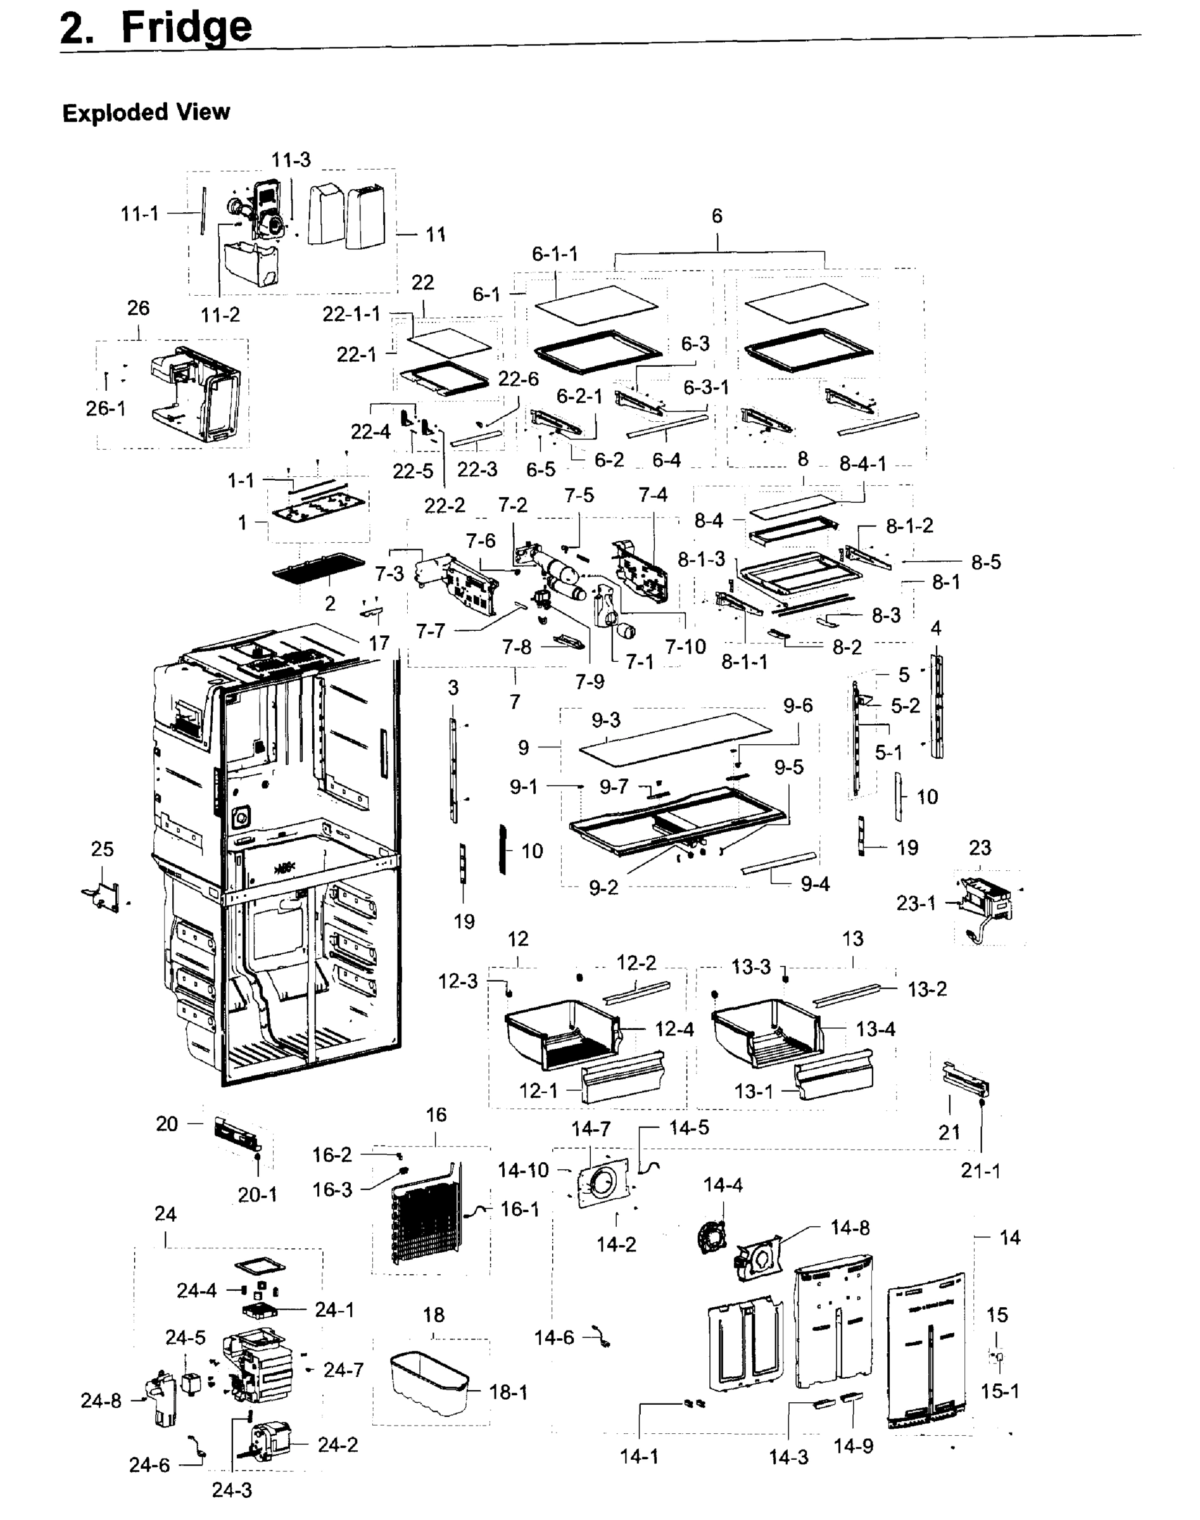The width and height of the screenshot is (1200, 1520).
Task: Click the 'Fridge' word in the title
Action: (186, 28)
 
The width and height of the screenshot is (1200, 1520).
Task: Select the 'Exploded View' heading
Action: (146, 113)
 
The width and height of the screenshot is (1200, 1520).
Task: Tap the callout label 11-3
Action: (291, 160)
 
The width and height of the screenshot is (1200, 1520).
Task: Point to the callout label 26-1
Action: (105, 408)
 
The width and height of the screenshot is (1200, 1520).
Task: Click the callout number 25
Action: (102, 849)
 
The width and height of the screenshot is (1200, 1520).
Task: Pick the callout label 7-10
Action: (685, 646)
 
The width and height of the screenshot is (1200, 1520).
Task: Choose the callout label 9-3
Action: (605, 719)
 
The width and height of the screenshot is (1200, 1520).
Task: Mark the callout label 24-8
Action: (101, 1401)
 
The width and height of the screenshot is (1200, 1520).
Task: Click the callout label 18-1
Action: (508, 1392)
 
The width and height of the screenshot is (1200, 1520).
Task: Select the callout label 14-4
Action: (723, 1186)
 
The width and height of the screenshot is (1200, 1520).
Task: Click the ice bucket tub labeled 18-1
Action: (428, 1383)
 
